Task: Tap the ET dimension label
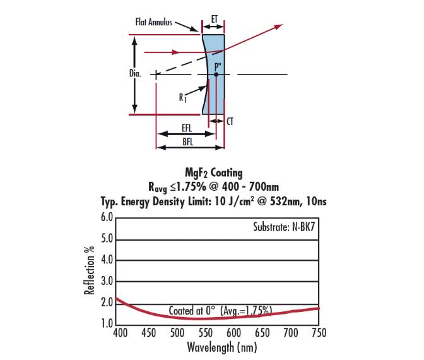point(215,20)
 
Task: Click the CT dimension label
point(230,122)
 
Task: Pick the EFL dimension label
point(187,129)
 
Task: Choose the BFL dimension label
point(188,142)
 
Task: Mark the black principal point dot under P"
point(216,75)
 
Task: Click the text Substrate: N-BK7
point(280,226)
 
